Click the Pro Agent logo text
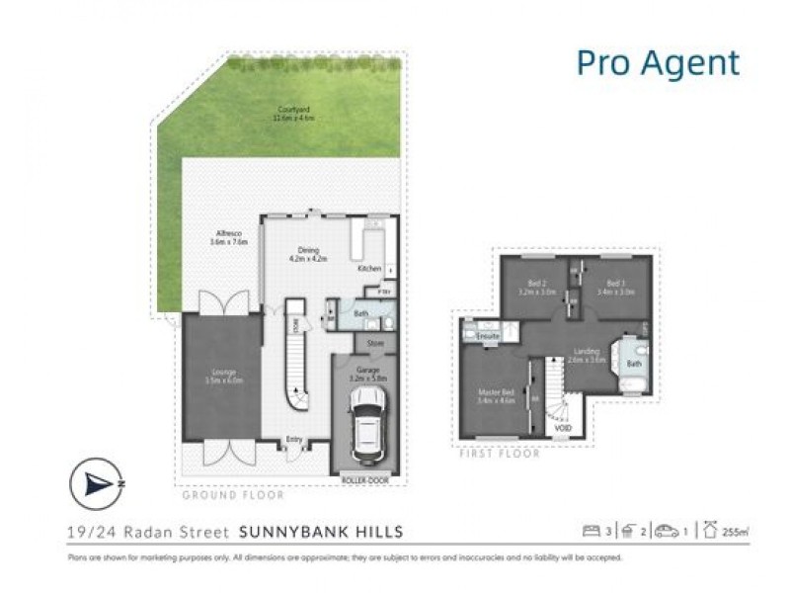[x=658, y=63]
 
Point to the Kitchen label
[x=368, y=268]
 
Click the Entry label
[x=294, y=439]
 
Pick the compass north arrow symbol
[x=97, y=483]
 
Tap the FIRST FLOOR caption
[x=500, y=454]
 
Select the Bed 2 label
[x=536, y=288]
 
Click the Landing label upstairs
[x=587, y=354]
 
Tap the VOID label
[x=562, y=429]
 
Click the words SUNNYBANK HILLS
[x=322, y=532]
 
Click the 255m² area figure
[x=733, y=532]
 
